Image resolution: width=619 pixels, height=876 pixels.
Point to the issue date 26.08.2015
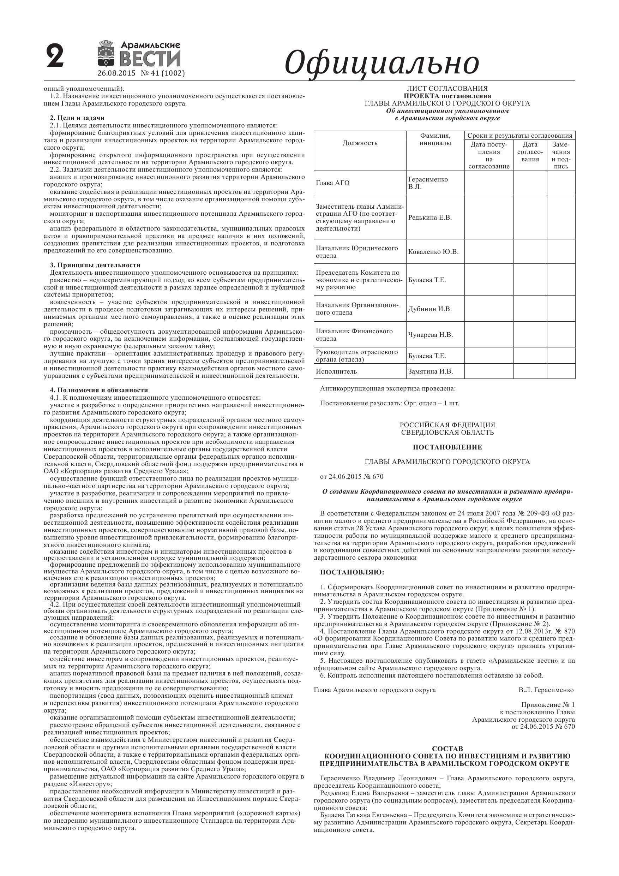(116, 73)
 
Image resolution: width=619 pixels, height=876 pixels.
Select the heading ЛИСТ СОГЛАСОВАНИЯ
(447, 89)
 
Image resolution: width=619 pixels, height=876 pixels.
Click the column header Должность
(360, 143)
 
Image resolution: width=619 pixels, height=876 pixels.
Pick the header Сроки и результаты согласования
(519, 136)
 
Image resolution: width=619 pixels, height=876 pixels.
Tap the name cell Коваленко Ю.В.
(433, 252)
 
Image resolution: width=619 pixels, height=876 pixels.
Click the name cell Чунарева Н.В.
(430, 335)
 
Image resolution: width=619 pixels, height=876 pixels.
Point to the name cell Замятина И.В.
(430, 371)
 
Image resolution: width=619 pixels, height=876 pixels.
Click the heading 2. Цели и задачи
(77, 118)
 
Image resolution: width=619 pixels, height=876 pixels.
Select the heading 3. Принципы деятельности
(95, 265)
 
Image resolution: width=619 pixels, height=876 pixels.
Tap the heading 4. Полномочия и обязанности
(99, 390)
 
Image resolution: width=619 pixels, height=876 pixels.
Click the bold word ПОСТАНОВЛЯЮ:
(352, 572)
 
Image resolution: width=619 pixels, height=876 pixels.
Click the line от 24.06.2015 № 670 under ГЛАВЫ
(351, 477)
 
